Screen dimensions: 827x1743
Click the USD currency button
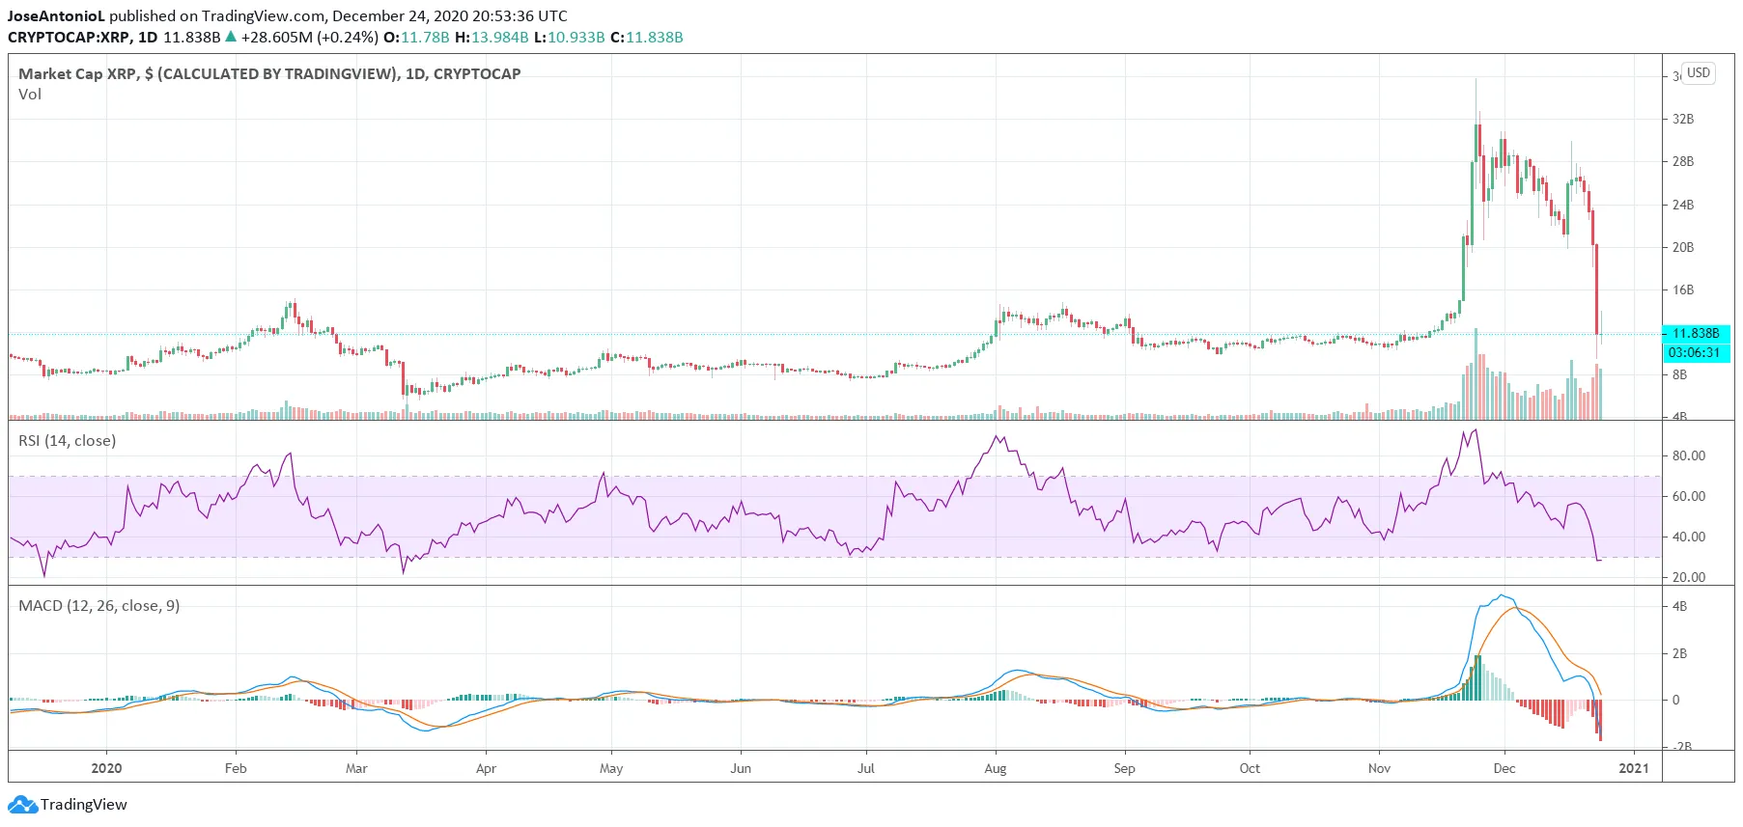[1699, 73]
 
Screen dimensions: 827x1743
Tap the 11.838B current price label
[1696, 333]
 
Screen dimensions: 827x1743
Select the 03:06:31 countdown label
[1695, 352]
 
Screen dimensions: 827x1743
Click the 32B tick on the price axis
[1683, 119]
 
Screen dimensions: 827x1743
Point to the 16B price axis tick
[1683, 289]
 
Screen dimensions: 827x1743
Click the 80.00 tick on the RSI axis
[1689, 455]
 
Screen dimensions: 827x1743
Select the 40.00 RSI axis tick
[1689, 537]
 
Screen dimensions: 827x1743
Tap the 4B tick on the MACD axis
[1680, 606]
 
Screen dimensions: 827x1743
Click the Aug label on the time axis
[996, 768]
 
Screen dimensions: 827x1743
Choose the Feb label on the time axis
[236, 768]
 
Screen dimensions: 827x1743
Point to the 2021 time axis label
[1634, 768]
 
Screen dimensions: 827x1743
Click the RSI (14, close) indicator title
[68, 441]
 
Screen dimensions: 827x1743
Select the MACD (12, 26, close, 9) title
[99, 606]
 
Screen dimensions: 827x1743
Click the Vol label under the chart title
[30, 95]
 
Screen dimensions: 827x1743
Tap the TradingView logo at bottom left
[68, 804]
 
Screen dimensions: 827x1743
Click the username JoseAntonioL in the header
[56, 16]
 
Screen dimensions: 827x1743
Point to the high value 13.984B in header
[499, 38]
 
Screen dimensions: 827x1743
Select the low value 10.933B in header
[576, 38]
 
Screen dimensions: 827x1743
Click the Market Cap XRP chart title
[269, 73]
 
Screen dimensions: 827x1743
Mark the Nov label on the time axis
[1379, 768]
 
